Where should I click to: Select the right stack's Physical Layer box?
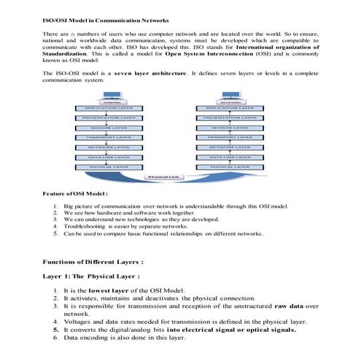pyautogui.click(x=230, y=166)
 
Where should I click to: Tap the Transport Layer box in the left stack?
pyautogui.click(x=109, y=136)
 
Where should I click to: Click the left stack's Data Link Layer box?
pyautogui.click(x=109, y=156)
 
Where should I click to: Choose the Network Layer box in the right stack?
pyautogui.click(x=230, y=147)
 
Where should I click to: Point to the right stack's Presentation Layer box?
pyautogui.click(x=230, y=117)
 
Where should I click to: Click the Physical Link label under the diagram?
pyautogui.click(x=165, y=176)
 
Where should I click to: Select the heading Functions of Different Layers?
pyautogui.click(x=93, y=260)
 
